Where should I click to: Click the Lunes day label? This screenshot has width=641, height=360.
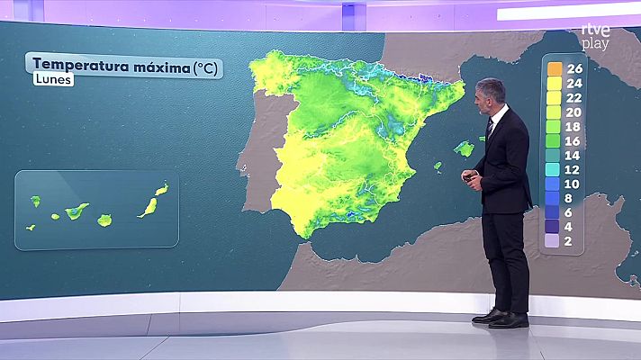[x=53, y=80]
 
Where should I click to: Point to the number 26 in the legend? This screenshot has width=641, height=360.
[x=573, y=68]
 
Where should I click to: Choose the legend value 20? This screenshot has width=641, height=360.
[x=573, y=112]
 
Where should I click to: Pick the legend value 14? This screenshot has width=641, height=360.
[x=573, y=155]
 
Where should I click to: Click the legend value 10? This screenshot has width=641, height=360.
[x=573, y=184]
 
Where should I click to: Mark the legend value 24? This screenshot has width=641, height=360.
[x=573, y=83]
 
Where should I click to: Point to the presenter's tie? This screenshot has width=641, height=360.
[x=490, y=128]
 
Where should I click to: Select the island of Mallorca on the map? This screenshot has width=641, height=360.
[x=464, y=148]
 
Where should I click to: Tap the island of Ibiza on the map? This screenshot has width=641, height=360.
[x=437, y=166]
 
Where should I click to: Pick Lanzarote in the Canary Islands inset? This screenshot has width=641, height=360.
[x=161, y=190]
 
